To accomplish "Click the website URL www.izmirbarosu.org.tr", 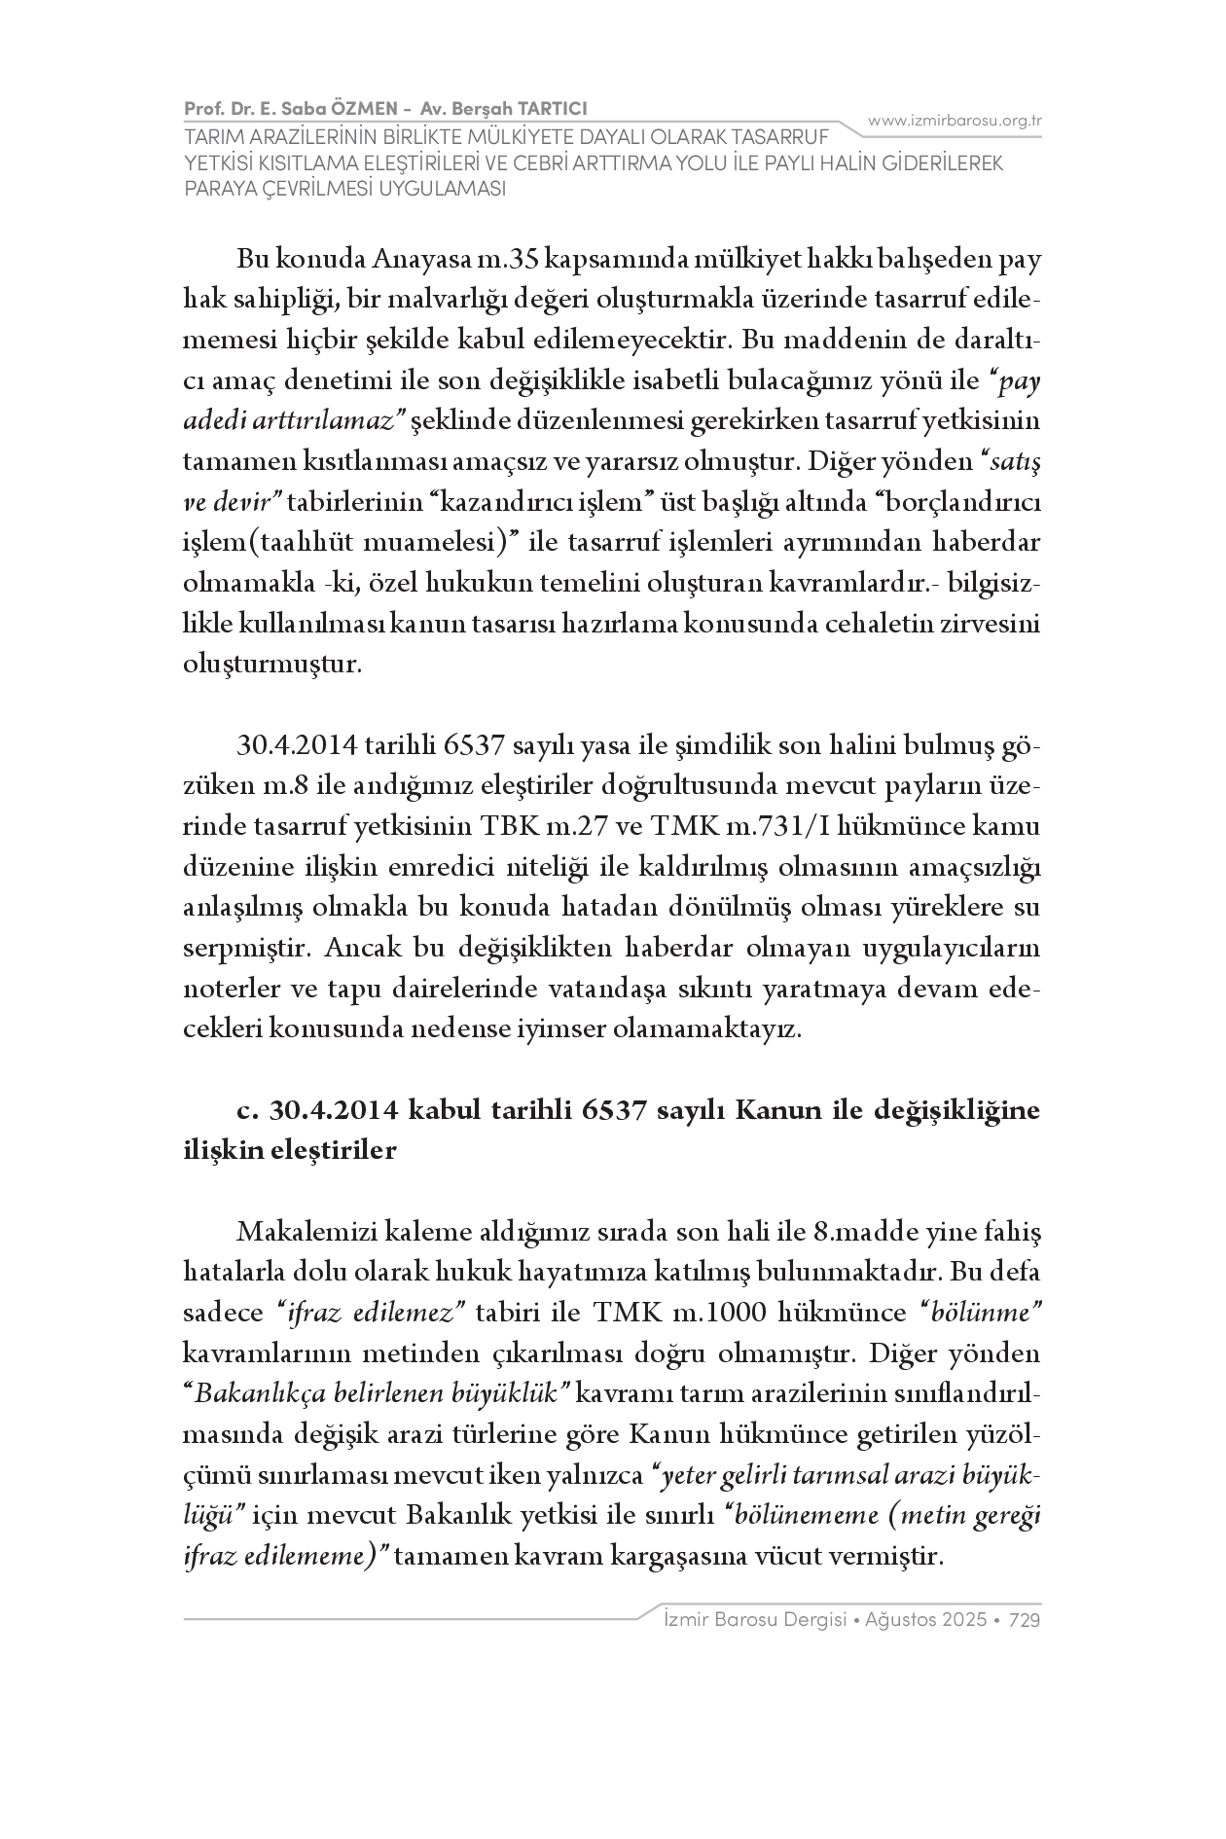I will [x=955, y=121].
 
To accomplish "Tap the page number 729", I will [x=1026, y=1620].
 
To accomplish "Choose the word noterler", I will [x=229, y=989].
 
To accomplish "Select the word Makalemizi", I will [x=312, y=1233].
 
